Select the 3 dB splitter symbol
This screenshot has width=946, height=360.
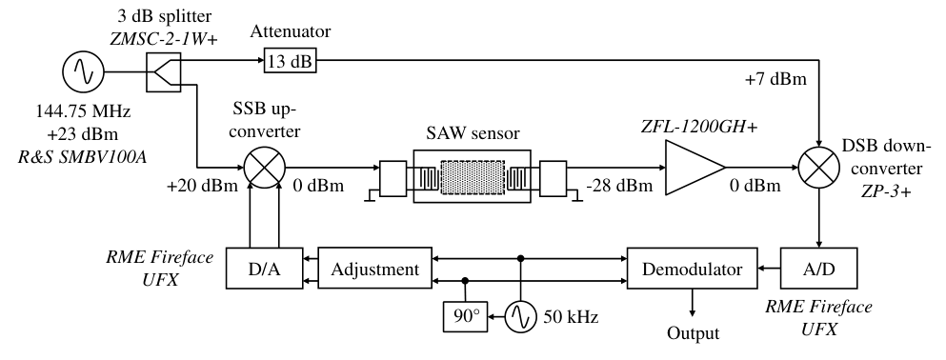coord(163,71)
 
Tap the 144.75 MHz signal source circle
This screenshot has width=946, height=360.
coord(83,71)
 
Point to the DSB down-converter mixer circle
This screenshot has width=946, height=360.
coord(818,167)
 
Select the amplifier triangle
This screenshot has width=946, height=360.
coord(694,168)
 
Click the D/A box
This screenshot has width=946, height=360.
coord(265,268)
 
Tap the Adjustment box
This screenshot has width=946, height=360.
coord(374,268)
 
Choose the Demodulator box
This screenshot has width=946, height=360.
coord(692,268)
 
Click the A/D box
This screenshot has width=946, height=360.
coord(818,268)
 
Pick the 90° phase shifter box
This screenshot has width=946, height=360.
coord(465,315)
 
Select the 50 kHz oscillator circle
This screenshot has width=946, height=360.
coord(521,315)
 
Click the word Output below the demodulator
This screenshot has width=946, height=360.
coord(693,333)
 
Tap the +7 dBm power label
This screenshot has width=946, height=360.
coord(775,79)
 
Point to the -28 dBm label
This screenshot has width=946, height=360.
coord(619,185)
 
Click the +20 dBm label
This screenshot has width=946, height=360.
coord(203,186)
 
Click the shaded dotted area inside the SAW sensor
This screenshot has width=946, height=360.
coord(472,176)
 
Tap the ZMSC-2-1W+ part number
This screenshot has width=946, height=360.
coord(164,40)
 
